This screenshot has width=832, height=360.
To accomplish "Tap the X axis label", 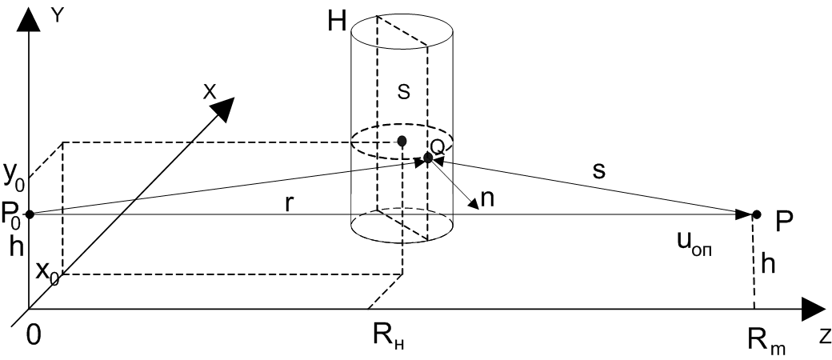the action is (210, 91).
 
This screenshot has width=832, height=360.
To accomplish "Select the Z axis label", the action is (824, 337).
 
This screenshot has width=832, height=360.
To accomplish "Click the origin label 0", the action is (34, 337).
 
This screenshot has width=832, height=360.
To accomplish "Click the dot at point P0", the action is (30, 214).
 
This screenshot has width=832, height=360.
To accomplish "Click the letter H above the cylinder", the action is (337, 22).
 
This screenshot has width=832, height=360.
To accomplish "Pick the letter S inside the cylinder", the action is (404, 92).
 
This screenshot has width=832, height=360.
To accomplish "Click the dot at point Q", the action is (428, 158).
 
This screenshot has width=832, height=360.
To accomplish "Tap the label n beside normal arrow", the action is (486, 198).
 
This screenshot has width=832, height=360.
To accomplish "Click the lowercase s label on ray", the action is (599, 171).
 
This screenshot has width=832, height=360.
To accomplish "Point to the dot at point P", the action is (757, 214).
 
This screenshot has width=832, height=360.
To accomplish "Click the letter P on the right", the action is (784, 223).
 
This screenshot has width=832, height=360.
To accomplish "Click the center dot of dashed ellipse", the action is (402, 142).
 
